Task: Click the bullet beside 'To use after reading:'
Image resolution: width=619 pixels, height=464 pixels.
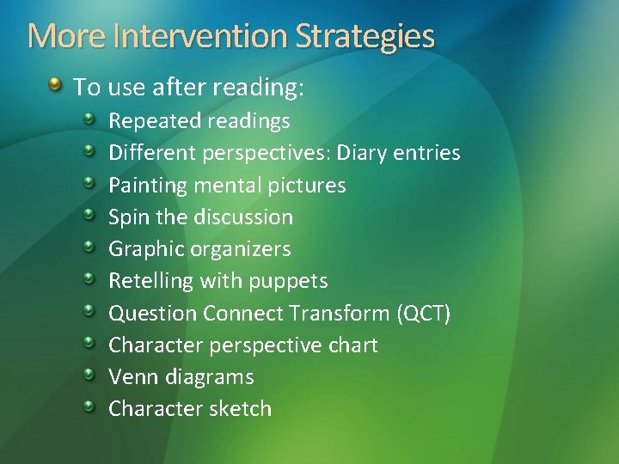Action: [55, 85]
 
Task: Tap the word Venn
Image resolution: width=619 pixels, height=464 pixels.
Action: [130, 376]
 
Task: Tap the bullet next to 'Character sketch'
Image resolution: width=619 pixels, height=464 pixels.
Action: [89, 406]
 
